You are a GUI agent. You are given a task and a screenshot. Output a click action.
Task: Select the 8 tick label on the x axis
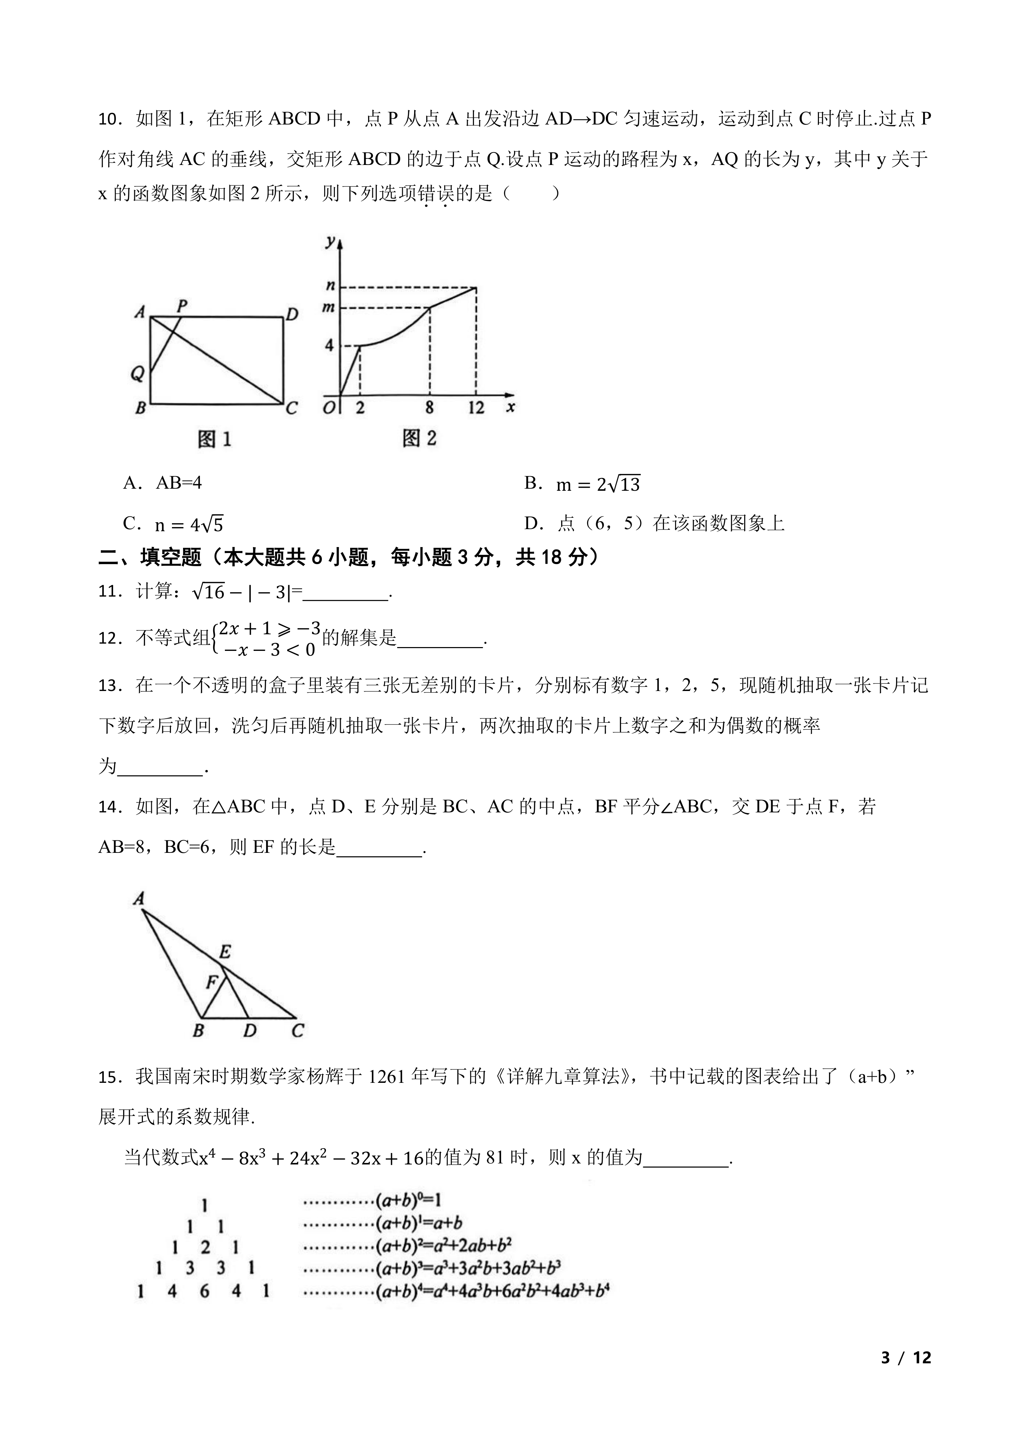(429, 408)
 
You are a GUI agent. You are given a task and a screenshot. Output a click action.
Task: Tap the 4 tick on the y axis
(329, 345)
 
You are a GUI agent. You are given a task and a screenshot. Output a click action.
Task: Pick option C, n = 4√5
(173, 524)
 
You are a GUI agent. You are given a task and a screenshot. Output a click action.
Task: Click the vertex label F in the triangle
(212, 982)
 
